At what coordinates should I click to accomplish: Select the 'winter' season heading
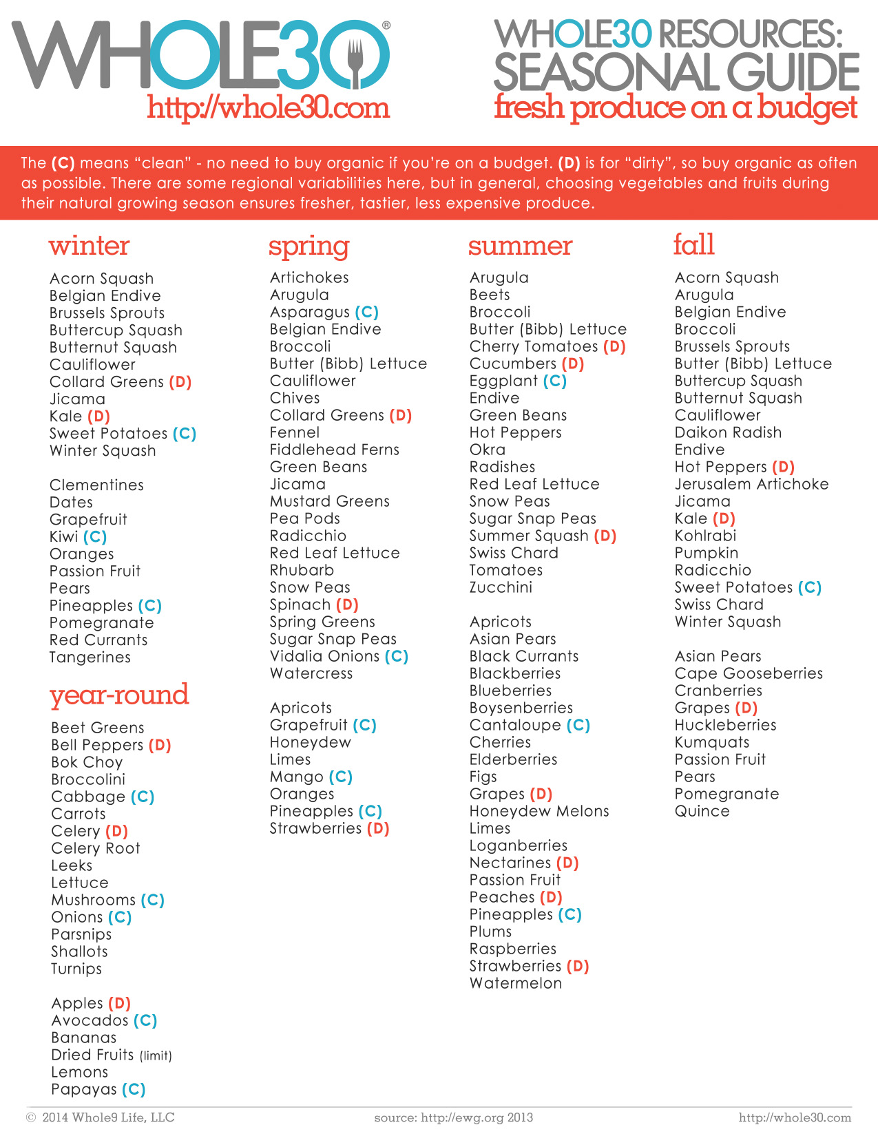tap(89, 246)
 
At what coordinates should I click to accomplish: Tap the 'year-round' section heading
tap(119, 695)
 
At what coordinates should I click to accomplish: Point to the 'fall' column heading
tap(693, 244)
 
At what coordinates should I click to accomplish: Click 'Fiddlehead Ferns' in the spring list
tap(334, 450)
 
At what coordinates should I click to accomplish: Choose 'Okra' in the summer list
tap(487, 450)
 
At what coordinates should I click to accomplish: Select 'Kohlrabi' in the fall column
tap(705, 536)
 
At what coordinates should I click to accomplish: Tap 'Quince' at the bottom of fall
tap(702, 811)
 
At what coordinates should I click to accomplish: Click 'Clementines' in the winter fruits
tap(96, 485)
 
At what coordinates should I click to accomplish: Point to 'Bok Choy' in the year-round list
tap(87, 762)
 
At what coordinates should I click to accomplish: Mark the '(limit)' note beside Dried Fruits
tap(156, 1055)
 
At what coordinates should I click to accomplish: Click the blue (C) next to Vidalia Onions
tap(397, 656)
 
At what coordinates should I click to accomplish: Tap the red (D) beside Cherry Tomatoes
tap(614, 346)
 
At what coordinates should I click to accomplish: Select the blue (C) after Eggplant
tap(554, 381)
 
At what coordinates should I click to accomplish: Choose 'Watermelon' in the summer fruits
tap(515, 983)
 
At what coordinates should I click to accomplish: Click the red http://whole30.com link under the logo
tap(268, 108)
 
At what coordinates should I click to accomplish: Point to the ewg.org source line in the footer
tap(453, 1117)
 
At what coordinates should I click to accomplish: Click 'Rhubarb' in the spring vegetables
tap(302, 570)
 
